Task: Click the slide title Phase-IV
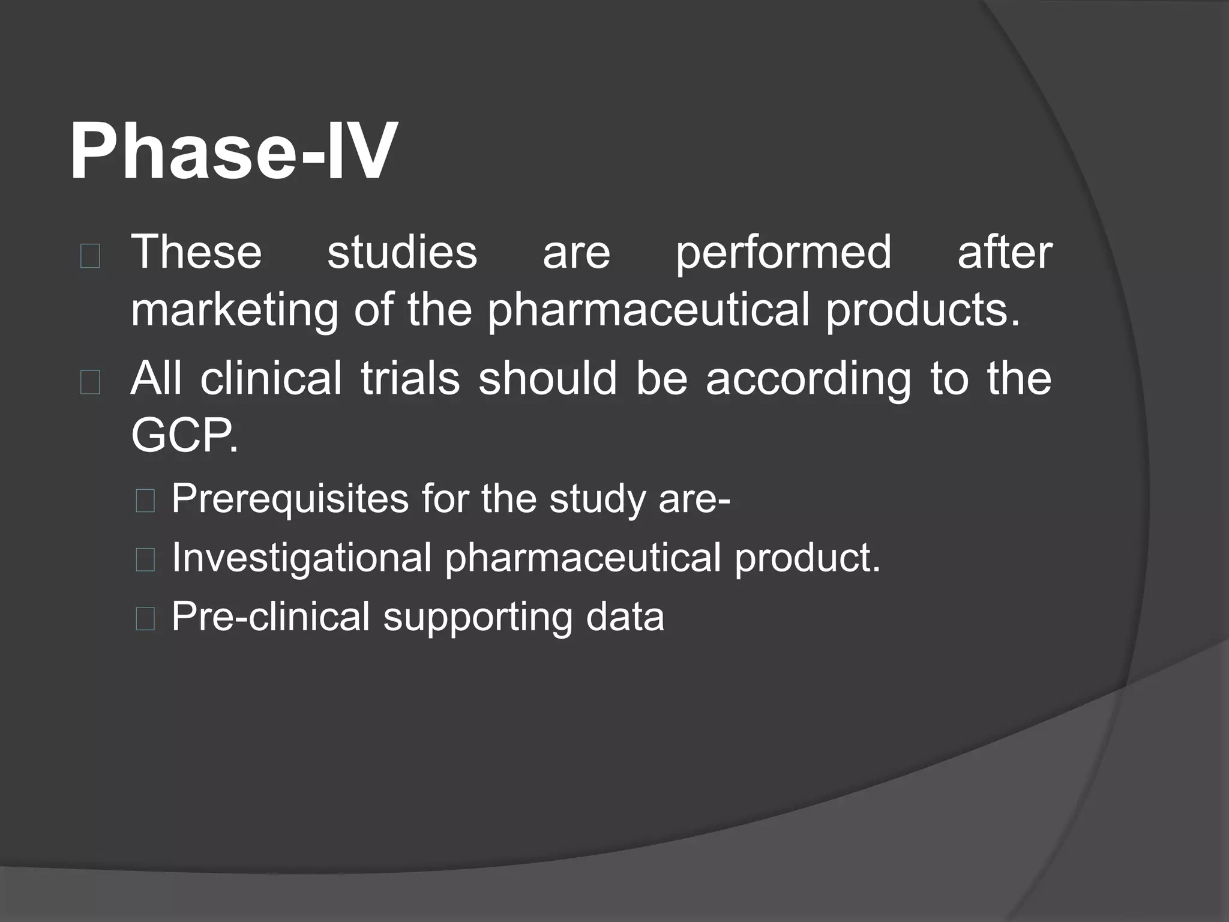click(233, 151)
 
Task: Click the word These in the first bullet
click(196, 252)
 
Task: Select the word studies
click(402, 252)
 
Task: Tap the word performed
click(783, 253)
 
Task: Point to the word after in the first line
click(1004, 252)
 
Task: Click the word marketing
click(234, 311)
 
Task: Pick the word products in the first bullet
click(922, 311)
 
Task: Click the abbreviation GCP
click(184, 436)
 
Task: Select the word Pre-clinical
click(271, 616)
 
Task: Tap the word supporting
click(478, 618)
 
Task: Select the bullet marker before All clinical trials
click(90, 383)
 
